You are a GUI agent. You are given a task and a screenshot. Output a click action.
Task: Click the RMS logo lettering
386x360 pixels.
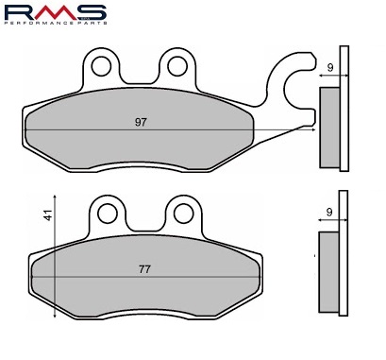point(56,12)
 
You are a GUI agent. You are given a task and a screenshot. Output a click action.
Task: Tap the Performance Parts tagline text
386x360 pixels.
point(56,23)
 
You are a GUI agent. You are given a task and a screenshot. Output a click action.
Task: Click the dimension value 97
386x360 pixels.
point(141,122)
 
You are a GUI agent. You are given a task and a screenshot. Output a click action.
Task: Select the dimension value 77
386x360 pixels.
point(144,269)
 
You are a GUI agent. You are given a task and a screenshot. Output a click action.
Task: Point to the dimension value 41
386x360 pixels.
point(48,215)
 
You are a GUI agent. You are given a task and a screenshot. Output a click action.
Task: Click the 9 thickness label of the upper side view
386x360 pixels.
point(330,68)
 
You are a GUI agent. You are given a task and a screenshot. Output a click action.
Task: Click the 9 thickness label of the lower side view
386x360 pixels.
point(329,213)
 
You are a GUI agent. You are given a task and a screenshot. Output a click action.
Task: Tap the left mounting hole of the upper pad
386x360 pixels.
point(101,66)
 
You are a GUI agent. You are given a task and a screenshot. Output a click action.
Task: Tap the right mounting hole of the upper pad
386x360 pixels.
point(177,66)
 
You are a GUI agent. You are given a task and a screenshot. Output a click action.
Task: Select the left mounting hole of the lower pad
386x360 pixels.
point(108,214)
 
